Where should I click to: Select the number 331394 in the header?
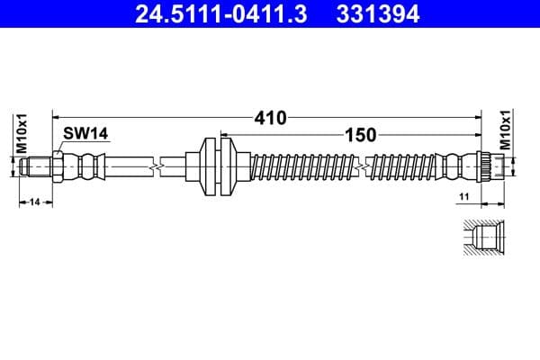tap(378, 13)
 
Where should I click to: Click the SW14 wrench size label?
tap(85, 133)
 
